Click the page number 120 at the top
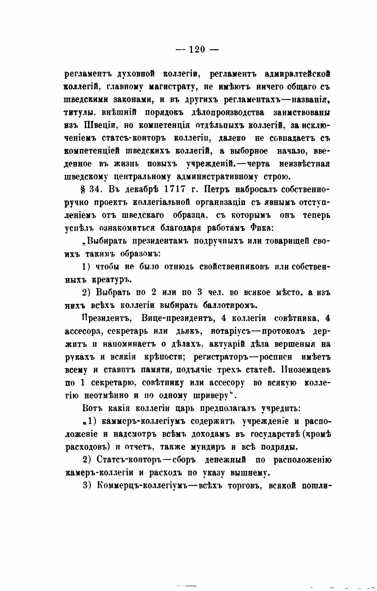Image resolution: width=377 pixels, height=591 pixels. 197,49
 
